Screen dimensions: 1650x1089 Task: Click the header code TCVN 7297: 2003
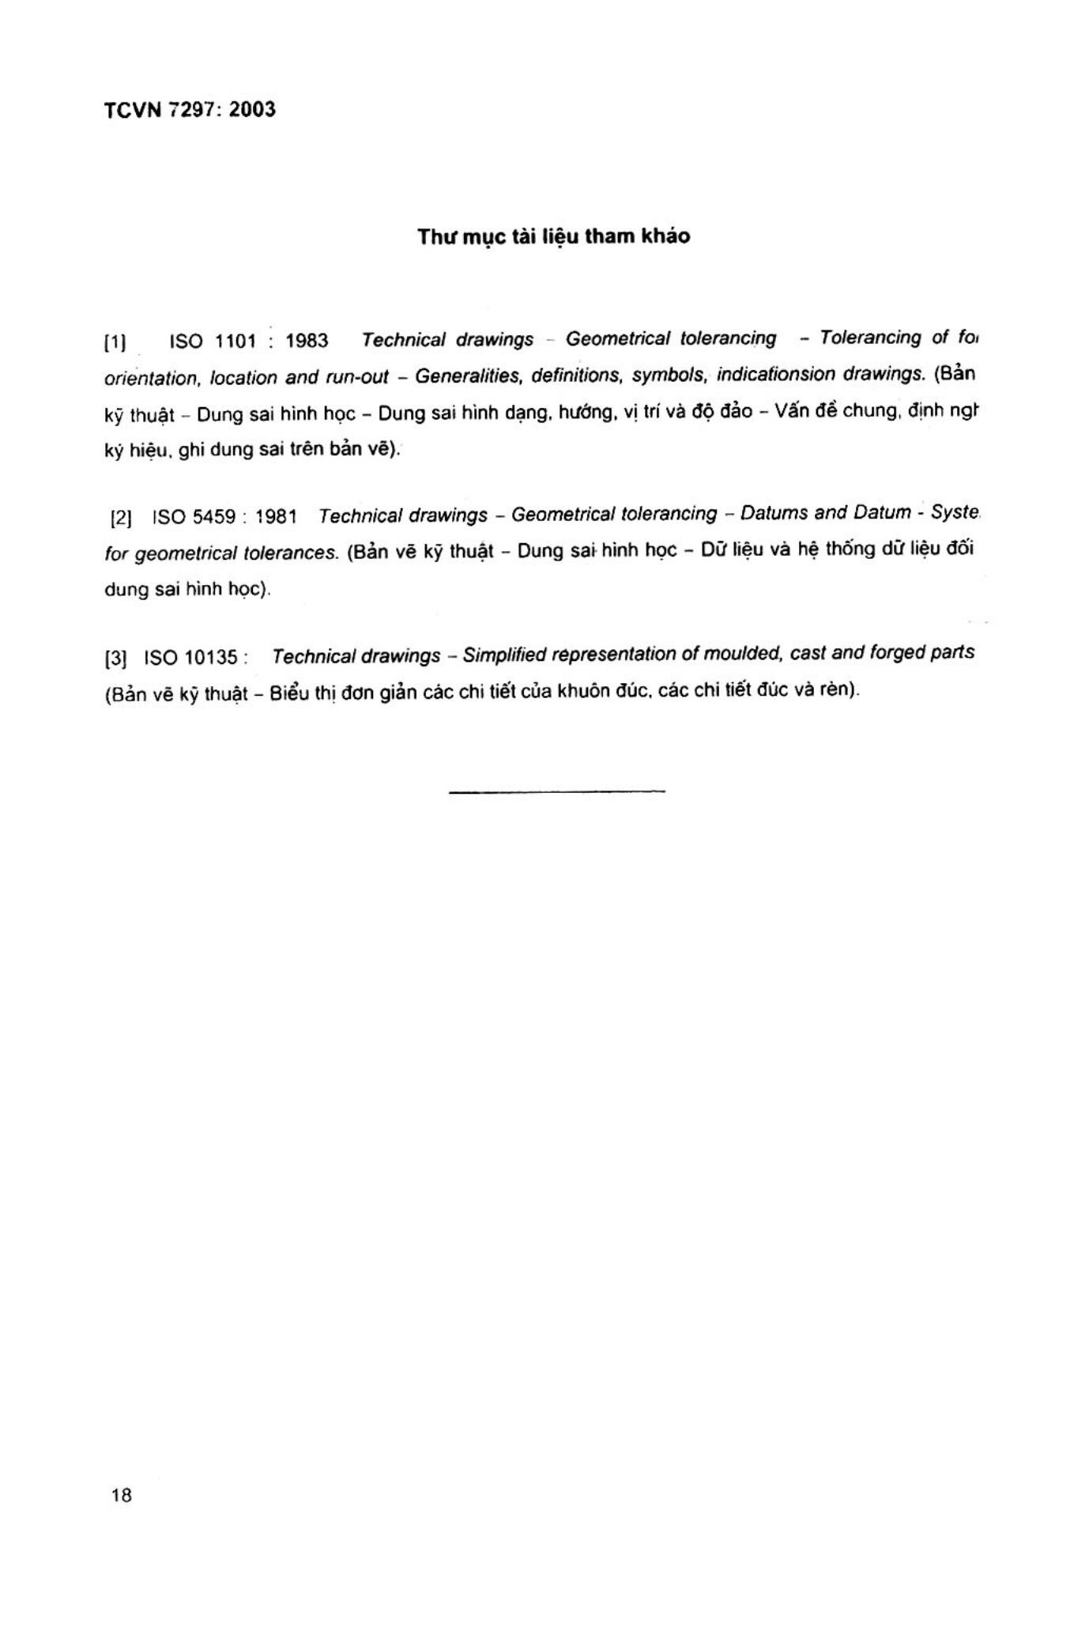190,110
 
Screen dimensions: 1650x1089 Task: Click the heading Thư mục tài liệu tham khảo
553,236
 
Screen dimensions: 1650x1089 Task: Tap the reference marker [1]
115,343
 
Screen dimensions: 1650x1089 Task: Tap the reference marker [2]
121,519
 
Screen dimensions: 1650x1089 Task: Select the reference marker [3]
115,658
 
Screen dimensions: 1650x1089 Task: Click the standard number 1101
236,342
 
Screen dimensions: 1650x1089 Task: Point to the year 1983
307,341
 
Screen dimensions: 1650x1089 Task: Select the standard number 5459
214,517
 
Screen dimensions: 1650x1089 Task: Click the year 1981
276,517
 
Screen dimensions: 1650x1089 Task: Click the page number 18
122,1495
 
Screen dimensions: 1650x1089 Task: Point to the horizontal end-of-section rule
556,790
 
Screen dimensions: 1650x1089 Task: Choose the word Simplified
503,655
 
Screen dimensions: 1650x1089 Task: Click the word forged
899,653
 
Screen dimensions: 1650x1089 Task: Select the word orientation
150,379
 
